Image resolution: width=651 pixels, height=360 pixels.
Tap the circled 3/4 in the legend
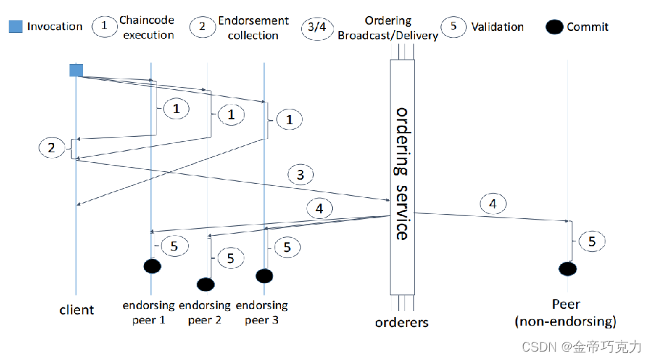[x=317, y=27]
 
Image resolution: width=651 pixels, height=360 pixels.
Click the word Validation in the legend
[x=497, y=27]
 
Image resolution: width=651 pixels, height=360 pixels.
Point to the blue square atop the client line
[x=76, y=69]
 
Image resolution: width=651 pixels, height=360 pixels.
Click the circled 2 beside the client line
[x=51, y=148]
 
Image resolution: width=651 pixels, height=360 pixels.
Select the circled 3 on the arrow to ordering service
[x=301, y=175]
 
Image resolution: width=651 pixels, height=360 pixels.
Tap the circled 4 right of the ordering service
[x=493, y=204]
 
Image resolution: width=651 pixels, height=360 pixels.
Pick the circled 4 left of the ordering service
[x=320, y=208]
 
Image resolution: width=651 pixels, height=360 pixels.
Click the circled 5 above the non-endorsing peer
[x=592, y=241]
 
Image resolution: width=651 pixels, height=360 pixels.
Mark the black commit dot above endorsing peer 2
[x=205, y=284]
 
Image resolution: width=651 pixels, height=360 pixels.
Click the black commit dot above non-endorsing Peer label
[x=567, y=269]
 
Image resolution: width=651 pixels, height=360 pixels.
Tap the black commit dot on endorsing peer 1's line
[x=152, y=266]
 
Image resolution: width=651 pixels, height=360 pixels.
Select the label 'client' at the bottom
[x=77, y=309]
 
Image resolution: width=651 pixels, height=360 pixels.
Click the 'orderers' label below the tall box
[x=402, y=322]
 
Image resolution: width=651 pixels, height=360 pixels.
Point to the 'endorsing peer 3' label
[x=261, y=312]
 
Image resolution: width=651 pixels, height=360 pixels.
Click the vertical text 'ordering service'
[x=401, y=173]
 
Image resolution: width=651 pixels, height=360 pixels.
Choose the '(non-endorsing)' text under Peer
[x=565, y=322]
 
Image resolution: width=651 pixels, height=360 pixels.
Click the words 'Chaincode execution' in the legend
[x=147, y=27]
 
